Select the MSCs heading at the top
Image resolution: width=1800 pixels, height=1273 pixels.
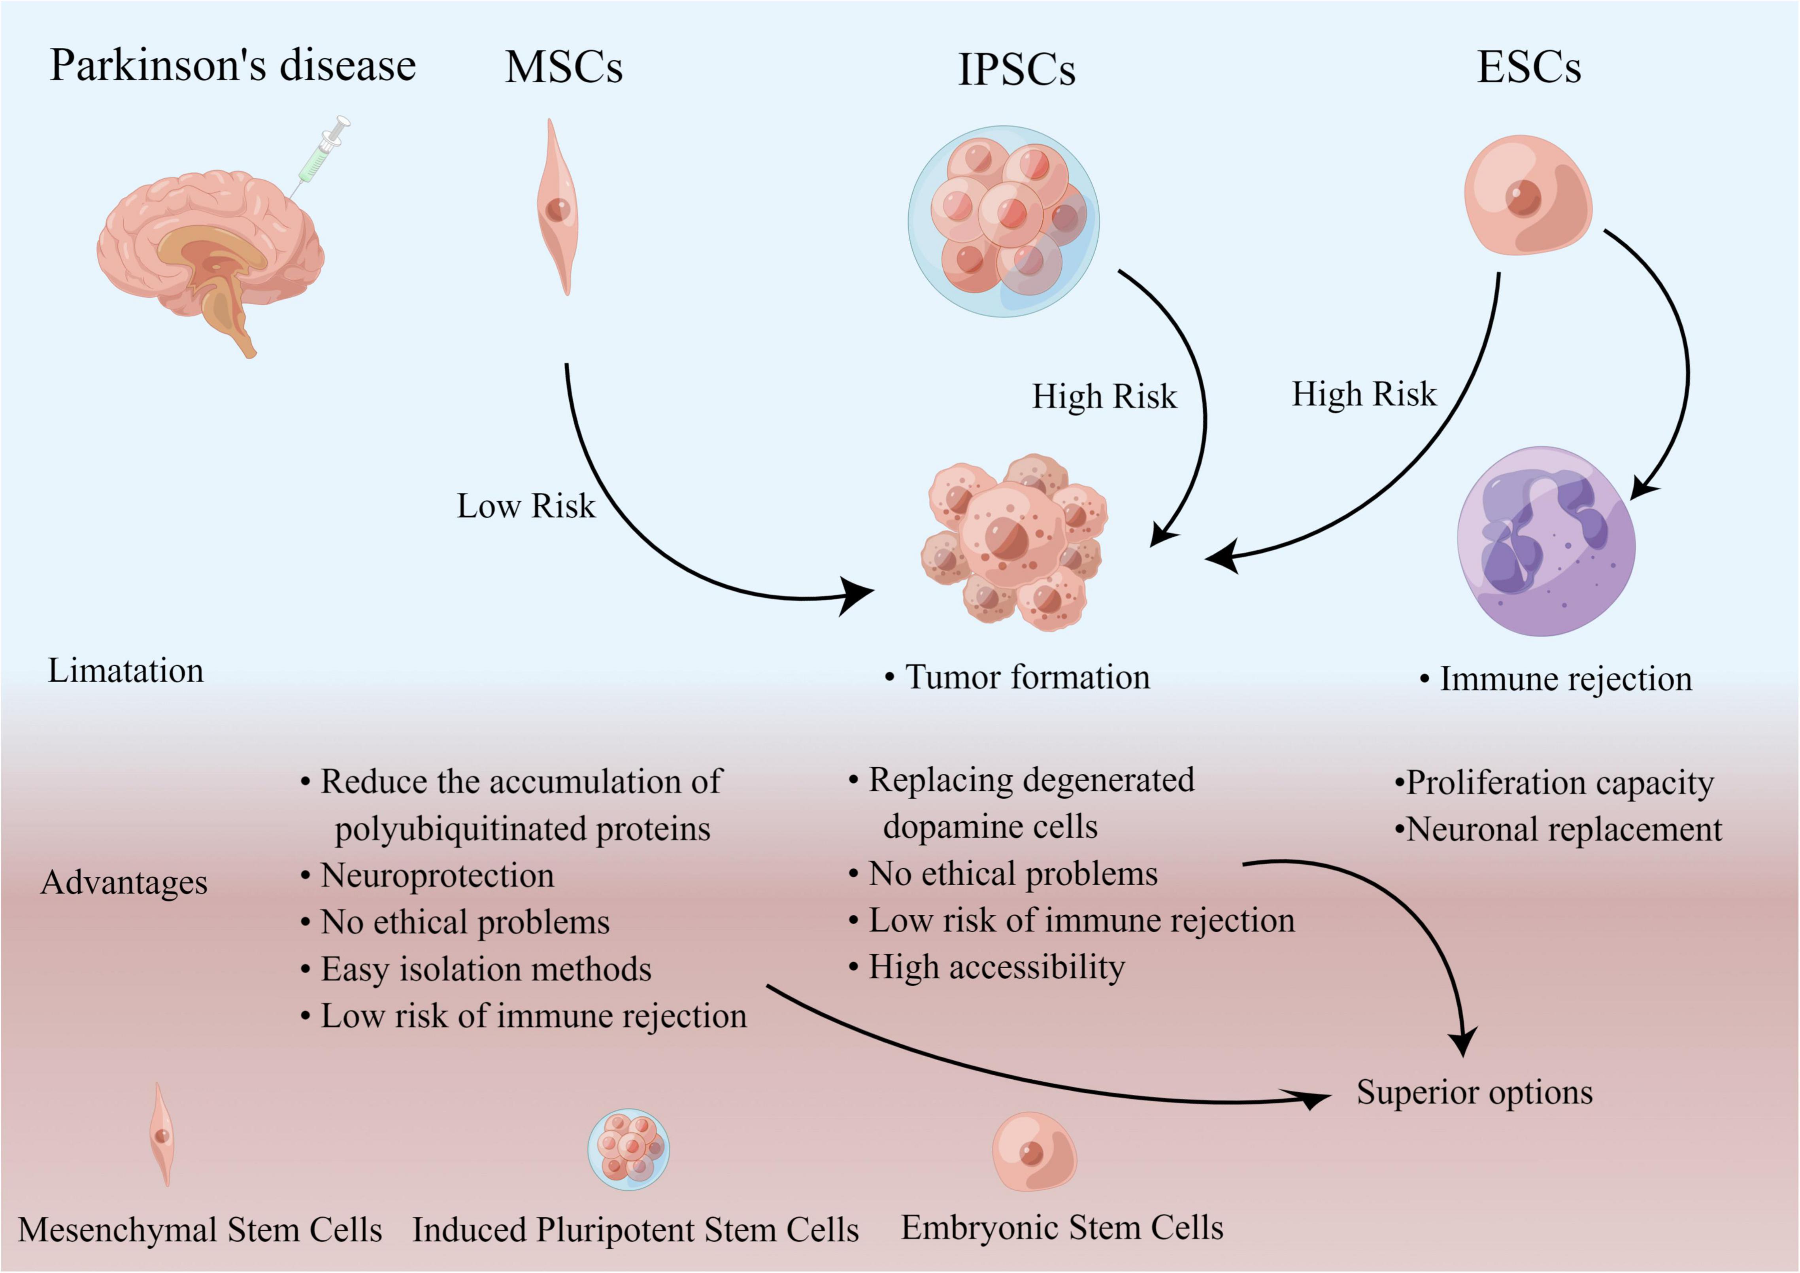564,68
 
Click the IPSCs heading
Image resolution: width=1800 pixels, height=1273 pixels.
1017,70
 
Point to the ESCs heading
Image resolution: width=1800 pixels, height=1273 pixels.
1529,68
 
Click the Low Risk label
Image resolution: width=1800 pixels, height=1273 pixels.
526,506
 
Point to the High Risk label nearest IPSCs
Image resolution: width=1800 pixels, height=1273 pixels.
1104,396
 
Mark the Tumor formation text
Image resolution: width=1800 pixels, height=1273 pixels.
1027,677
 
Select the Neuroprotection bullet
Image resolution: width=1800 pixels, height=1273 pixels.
437,875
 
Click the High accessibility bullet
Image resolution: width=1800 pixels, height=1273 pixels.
996,967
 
